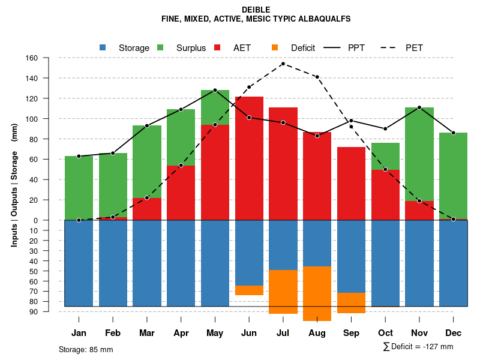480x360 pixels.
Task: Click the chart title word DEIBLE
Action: [256, 10]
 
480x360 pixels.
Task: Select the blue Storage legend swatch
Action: [103, 47]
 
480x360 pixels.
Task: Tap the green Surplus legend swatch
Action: [160, 47]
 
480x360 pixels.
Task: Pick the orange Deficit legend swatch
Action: [275, 47]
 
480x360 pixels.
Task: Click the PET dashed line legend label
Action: [414, 48]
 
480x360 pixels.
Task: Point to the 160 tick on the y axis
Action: [32, 58]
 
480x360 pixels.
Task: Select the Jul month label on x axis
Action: [283, 333]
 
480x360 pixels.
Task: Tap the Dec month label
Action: [454, 333]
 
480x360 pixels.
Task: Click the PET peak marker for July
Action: [283, 64]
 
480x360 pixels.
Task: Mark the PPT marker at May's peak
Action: [215, 90]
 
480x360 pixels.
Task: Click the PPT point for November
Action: [419, 107]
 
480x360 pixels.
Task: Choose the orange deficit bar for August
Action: [317, 294]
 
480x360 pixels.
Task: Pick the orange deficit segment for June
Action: [249, 290]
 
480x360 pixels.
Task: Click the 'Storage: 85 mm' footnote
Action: [86, 349]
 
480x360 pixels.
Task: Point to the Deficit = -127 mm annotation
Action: [418, 347]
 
